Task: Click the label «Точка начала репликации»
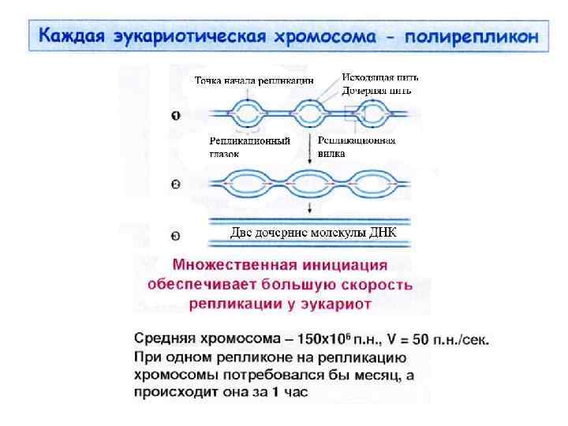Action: [x=254, y=80]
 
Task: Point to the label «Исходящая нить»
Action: [x=379, y=78]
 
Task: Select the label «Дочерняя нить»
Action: [x=376, y=90]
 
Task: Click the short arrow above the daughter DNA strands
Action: [x=309, y=208]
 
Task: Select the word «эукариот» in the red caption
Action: [x=338, y=302]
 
